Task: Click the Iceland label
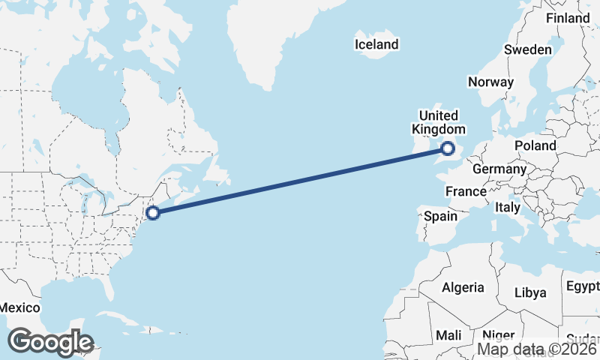click(x=376, y=45)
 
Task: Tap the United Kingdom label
click(x=438, y=122)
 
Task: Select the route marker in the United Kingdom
click(x=448, y=148)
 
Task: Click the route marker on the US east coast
click(x=153, y=213)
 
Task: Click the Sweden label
click(x=527, y=49)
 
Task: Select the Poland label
click(x=535, y=145)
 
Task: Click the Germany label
click(x=499, y=169)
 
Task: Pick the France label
click(x=466, y=192)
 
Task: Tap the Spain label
click(x=440, y=216)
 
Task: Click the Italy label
click(x=508, y=207)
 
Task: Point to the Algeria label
click(x=463, y=287)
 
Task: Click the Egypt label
click(x=583, y=286)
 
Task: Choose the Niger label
click(x=498, y=335)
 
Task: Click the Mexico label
click(x=19, y=308)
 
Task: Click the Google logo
click(x=50, y=342)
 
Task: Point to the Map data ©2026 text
click(x=538, y=349)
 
